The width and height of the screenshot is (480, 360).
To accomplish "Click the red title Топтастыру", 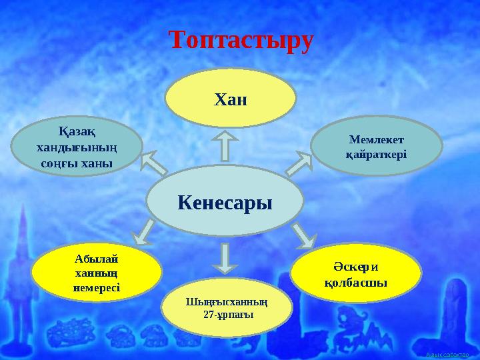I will tap(241, 40).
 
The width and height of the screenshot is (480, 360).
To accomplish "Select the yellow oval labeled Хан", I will tap(230, 99).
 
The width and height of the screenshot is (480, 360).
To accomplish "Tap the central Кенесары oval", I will tap(225, 201).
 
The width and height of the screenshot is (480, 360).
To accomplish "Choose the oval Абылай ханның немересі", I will tap(97, 273).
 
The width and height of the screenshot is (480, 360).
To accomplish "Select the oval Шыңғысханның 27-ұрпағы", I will tap(227, 306).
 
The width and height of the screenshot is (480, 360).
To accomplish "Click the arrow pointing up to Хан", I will tap(225, 146).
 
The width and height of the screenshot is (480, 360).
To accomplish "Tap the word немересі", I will tap(97, 287).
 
